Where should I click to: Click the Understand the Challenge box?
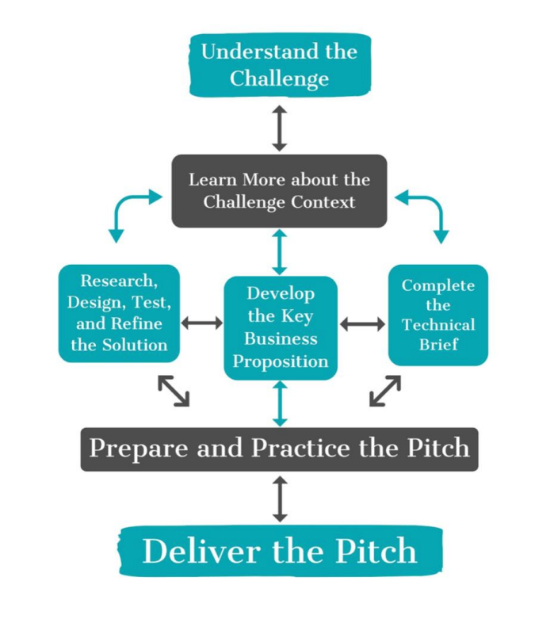(281, 65)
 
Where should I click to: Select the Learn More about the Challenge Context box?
(280, 191)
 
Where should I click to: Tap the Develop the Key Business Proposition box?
(281, 328)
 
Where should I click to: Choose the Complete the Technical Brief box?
(438, 315)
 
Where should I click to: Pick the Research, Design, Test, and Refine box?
(119, 314)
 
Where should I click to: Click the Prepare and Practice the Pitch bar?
(280, 449)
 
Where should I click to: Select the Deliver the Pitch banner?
(281, 551)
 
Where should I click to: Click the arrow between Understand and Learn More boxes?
(280, 128)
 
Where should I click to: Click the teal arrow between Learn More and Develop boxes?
(280, 252)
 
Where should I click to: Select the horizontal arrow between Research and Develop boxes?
(202, 323)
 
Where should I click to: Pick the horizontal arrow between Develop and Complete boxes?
(362, 324)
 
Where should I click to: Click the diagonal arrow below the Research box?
(174, 391)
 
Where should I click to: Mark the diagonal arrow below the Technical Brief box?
(385, 391)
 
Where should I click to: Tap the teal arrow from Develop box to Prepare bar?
(281, 403)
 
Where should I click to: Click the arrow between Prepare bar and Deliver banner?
(281, 499)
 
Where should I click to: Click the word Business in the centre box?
(281, 339)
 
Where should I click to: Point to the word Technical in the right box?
(438, 325)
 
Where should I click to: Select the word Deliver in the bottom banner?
(201, 551)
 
